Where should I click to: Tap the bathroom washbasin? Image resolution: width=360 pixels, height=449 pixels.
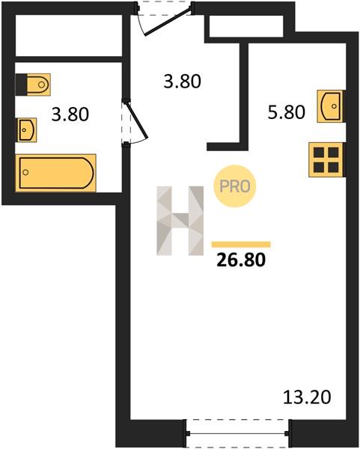click(27, 129)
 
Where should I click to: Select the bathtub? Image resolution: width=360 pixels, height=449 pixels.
click(56, 173)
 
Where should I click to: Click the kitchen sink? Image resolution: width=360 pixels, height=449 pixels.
click(331, 106)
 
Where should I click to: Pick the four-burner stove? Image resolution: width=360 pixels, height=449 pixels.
click(326, 159)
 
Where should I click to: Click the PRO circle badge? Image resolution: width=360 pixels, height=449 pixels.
click(235, 186)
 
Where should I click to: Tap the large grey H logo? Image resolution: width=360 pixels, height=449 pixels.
click(180, 221)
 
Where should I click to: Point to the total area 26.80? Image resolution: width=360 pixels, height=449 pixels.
click(241, 260)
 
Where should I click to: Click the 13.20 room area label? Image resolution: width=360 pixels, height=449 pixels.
click(307, 397)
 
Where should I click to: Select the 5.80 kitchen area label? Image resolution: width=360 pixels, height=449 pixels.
click(286, 112)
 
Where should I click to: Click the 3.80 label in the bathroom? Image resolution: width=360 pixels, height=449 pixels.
click(70, 114)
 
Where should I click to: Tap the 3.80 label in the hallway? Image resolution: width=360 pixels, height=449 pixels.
click(182, 81)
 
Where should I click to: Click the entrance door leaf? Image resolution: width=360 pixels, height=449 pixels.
click(168, 22)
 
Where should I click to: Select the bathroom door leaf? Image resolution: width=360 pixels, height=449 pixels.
click(136, 120)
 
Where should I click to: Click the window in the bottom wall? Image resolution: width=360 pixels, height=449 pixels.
click(237, 433)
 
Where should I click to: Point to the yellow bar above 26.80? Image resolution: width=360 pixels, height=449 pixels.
click(241, 244)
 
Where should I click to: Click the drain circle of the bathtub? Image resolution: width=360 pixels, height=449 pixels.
click(25, 172)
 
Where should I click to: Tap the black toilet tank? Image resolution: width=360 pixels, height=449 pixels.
click(21, 85)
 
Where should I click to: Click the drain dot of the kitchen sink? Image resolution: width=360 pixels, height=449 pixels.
click(334, 106)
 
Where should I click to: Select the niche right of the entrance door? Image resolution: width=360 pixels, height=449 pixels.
click(246, 26)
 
